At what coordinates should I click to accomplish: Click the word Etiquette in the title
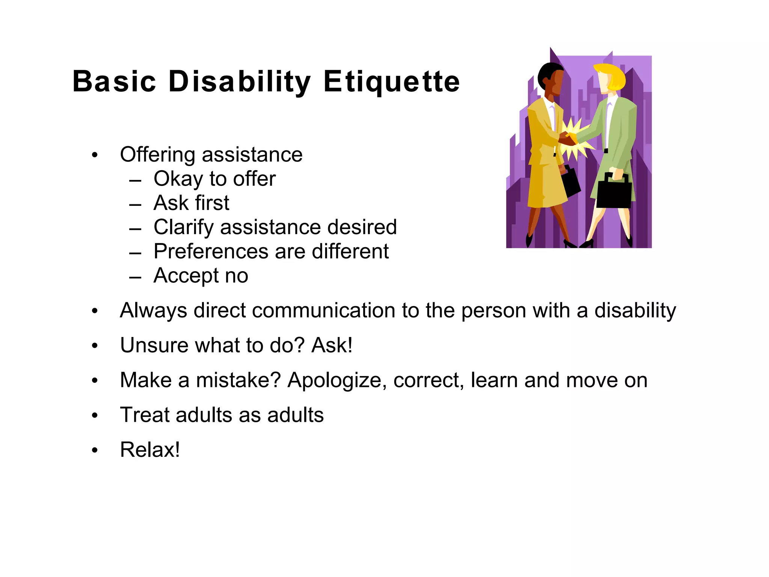(x=391, y=82)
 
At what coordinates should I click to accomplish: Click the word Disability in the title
(x=240, y=82)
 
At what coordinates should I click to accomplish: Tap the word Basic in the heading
(x=114, y=82)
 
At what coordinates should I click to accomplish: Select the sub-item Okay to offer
(x=214, y=179)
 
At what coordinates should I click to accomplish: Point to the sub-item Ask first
(x=191, y=203)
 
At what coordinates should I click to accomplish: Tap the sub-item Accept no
(x=201, y=275)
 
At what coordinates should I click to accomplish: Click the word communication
(x=323, y=311)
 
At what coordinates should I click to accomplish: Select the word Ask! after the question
(x=332, y=345)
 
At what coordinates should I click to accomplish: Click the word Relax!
(x=150, y=450)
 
